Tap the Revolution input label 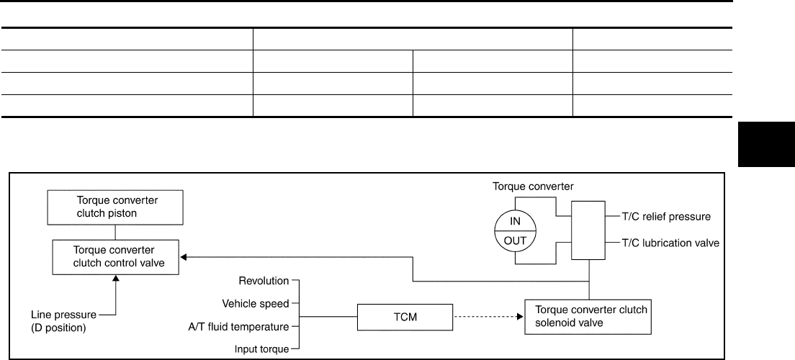click(x=264, y=280)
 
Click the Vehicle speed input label click(x=255, y=303)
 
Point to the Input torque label click(x=261, y=349)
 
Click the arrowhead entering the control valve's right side click(x=184, y=257)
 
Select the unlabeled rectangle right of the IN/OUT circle click(x=588, y=230)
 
